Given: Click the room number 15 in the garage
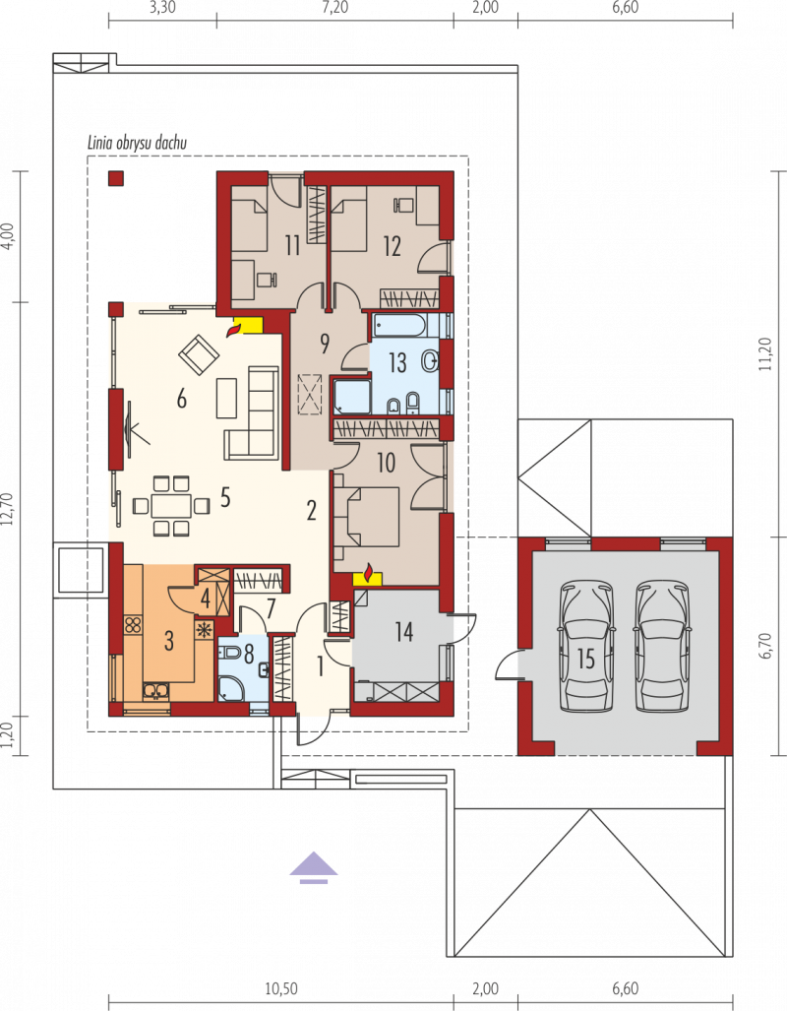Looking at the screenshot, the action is pyautogui.click(x=586, y=659).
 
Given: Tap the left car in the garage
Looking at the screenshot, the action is pyautogui.click(x=586, y=646).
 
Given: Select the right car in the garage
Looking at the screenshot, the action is pyautogui.click(x=663, y=646).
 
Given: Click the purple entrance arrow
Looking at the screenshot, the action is pyautogui.click(x=313, y=867).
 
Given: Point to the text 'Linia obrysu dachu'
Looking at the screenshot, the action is pyautogui.click(x=138, y=143).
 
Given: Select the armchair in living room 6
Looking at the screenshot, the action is pyautogui.click(x=199, y=354).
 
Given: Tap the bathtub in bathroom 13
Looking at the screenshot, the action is pyautogui.click(x=399, y=325).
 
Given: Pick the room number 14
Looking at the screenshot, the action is pyautogui.click(x=404, y=632).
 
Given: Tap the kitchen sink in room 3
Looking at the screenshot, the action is pyautogui.click(x=155, y=691).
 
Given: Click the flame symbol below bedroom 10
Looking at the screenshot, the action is pyautogui.click(x=368, y=572).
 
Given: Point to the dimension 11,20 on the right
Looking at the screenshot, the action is pyautogui.click(x=765, y=354).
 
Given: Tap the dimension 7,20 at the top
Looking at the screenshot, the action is pyautogui.click(x=335, y=8).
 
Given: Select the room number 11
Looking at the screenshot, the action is pyautogui.click(x=292, y=246).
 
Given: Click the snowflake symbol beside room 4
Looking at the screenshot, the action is pyautogui.click(x=205, y=630).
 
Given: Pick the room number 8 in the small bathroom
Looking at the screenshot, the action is pyautogui.click(x=249, y=653).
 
